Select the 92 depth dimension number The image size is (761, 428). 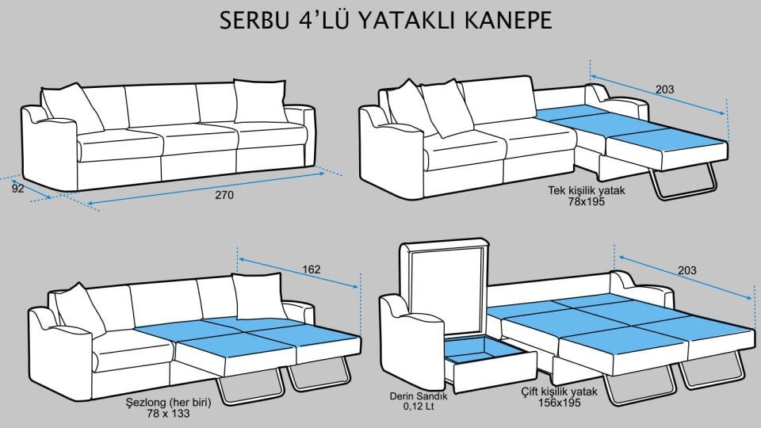click(x=17, y=189)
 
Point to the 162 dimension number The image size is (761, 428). click(x=311, y=269)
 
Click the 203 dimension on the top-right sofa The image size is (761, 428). click(x=664, y=90)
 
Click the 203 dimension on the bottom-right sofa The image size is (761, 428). click(x=686, y=270)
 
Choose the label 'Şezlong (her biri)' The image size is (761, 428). click(x=168, y=403)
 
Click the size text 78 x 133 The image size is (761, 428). click(x=168, y=415)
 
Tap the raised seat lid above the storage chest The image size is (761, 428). click(x=446, y=285)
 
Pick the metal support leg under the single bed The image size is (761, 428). click(x=683, y=180)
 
